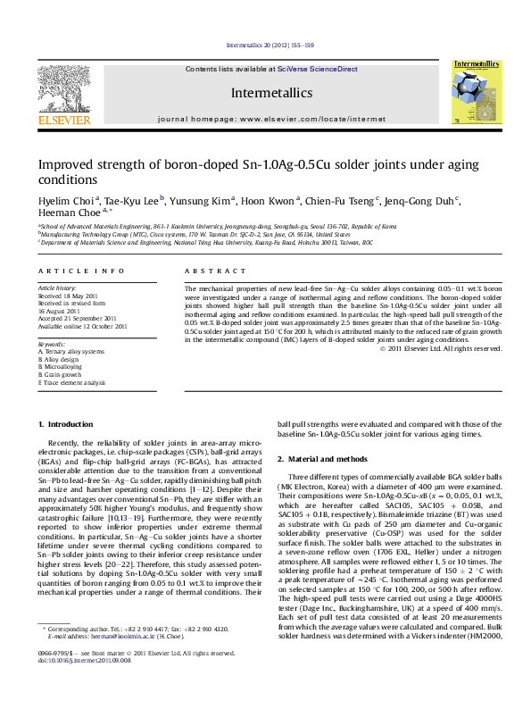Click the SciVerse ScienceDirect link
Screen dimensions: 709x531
tap(317, 69)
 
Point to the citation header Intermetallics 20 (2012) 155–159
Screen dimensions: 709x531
tap(265, 44)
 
